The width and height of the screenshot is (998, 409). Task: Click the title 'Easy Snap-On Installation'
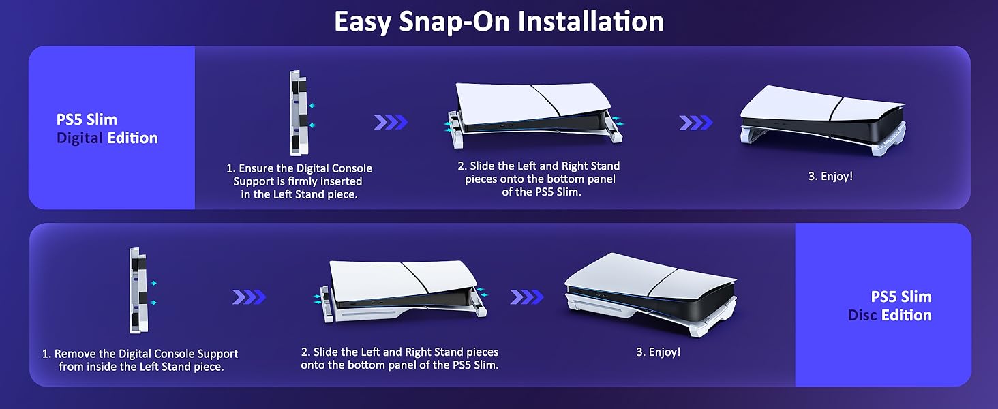tap(499, 21)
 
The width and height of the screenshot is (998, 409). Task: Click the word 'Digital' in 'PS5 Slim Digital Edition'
tap(79, 138)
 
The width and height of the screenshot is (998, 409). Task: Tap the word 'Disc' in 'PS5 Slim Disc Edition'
tap(862, 316)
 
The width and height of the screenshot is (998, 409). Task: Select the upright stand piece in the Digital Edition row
tap(299, 112)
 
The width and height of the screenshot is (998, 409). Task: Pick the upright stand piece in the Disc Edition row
tap(138, 290)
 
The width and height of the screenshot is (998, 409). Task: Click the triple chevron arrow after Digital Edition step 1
tap(391, 122)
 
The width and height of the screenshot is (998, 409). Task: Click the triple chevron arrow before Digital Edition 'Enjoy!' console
tap(695, 123)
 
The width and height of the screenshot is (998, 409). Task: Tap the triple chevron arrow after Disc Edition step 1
tap(249, 297)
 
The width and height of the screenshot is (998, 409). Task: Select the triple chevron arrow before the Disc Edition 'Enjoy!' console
tap(527, 297)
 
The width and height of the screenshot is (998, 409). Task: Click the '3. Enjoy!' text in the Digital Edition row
tap(830, 177)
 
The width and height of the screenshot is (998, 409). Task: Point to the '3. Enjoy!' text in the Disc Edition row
tap(659, 352)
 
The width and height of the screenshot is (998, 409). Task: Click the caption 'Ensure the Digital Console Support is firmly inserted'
tap(299, 175)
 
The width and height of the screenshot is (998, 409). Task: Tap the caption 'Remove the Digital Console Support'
tap(140, 354)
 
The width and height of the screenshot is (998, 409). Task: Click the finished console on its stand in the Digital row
tap(822, 120)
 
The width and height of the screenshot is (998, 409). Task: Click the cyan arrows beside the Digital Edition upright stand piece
tap(312, 116)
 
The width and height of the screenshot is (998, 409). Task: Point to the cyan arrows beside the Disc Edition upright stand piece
tap(153, 293)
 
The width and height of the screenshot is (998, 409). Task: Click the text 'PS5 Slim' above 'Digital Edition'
tap(87, 120)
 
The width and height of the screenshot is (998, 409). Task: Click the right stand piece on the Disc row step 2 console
tap(479, 302)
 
